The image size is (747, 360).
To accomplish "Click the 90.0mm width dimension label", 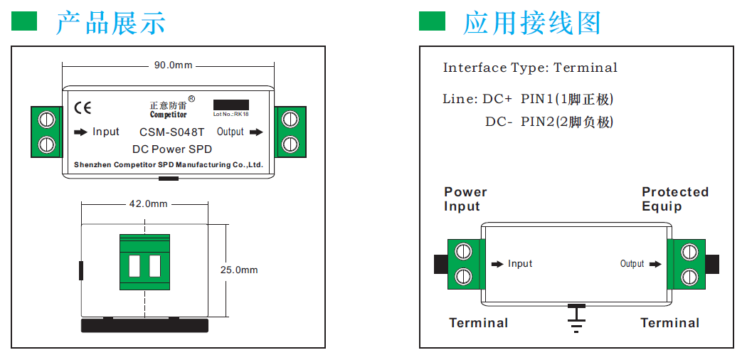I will tap(174, 65).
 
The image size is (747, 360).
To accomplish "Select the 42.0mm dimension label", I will tap(148, 203).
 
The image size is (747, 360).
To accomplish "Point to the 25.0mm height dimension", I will tap(239, 270).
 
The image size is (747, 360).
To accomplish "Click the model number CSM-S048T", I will tap(171, 132).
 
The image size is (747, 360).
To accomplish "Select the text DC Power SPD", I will tap(172, 149).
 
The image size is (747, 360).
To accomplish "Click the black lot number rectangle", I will tap(231, 105).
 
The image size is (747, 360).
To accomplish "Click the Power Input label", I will tap(465, 199).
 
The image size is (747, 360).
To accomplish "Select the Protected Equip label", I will tap(674, 199).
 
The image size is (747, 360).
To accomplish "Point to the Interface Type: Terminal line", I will tap(530, 68).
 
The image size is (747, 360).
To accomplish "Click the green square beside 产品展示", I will tap(24, 21).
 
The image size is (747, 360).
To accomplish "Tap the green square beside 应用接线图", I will tap(432, 21).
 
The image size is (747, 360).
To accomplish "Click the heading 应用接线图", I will tap(532, 23).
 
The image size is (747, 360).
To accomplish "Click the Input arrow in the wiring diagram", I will tap(497, 264).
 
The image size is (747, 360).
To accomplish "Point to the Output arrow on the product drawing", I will tap(257, 132).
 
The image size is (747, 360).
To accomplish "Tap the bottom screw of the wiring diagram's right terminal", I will tap(688, 275).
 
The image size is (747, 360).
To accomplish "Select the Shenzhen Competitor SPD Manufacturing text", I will tap(169, 165).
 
